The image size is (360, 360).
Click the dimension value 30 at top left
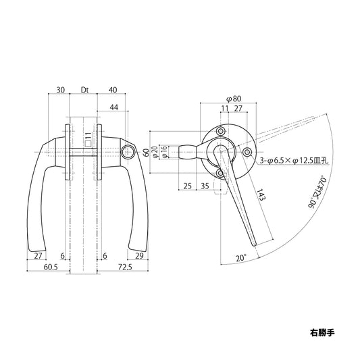tap(61, 89)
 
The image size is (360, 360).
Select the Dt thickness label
tap(85, 89)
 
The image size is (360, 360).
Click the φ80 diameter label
tap(233, 99)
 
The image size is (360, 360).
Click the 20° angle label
tap(241, 257)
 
